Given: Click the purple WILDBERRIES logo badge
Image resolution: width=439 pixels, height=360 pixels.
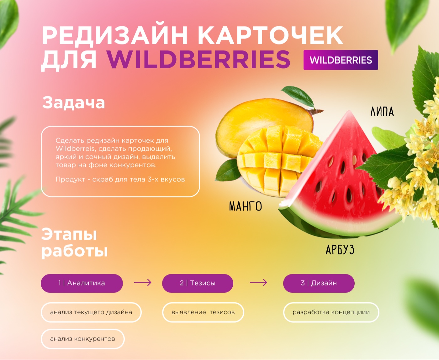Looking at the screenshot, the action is [x=341, y=60].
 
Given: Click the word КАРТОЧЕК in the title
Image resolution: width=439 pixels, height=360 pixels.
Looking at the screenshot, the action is [x=270, y=35].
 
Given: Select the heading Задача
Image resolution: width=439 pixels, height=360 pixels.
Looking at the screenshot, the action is [x=74, y=102].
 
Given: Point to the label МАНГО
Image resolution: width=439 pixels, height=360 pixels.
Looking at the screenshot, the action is [x=246, y=206].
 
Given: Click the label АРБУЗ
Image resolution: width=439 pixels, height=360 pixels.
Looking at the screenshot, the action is [x=340, y=249].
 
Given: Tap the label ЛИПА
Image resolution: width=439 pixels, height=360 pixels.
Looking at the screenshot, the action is [x=382, y=112].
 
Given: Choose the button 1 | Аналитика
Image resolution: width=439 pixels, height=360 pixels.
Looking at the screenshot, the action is [x=82, y=283].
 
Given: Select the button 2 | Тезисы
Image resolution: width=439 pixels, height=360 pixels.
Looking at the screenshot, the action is [x=198, y=283].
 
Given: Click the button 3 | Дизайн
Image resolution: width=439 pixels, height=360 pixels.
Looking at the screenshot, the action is [x=319, y=283].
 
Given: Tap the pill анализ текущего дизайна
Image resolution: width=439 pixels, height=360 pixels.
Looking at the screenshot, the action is [x=91, y=312].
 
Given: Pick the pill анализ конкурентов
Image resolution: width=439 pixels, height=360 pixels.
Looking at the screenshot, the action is [x=83, y=339].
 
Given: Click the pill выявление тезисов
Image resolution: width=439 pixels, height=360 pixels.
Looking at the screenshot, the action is [x=203, y=312].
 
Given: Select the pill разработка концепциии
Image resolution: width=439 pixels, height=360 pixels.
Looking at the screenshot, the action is [x=331, y=312].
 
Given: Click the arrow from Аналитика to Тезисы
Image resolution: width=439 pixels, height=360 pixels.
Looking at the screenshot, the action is [x=143, y=282].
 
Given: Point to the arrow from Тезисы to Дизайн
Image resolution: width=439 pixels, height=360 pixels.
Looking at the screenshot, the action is [x=258, y=282].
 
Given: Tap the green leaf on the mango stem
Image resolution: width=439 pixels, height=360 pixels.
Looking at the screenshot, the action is [x=298, y=96].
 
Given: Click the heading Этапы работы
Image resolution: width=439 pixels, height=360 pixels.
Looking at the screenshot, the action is [x=75, y=243].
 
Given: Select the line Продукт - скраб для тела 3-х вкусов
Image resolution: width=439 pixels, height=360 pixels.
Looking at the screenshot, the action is [x=120, y=179].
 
